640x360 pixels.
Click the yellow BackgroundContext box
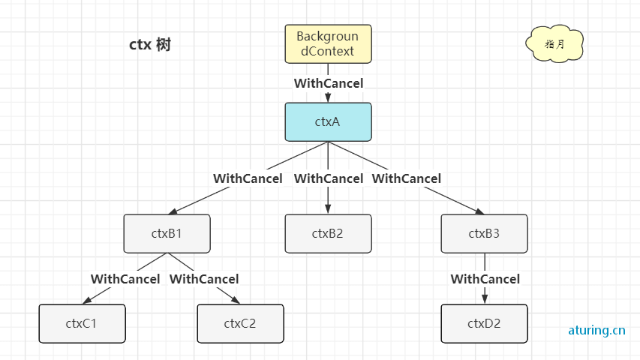point(328,44)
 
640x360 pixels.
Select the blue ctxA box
point(328,122)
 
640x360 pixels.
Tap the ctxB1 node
point(167,233)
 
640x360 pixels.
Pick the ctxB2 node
point(328,233)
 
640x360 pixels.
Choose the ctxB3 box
point(484,233)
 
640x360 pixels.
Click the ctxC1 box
point(82,324)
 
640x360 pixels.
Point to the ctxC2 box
point(240,324)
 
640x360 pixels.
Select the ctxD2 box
point(484,324)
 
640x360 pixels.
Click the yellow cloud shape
point(554,43)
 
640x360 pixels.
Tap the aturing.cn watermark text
point(596,330)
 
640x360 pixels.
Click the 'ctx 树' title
point(150,44)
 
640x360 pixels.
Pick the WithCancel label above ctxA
point(329,83)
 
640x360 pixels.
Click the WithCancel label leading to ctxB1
point(248,178)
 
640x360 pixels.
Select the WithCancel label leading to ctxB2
point(329,178)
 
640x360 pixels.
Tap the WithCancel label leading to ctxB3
point(407,178)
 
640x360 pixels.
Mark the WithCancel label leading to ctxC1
point(125,279)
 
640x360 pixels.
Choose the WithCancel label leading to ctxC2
point(204,279)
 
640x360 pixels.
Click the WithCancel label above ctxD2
point(485,279)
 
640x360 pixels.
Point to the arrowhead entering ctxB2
point(328,209)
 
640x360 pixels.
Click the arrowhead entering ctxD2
point(485,299)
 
